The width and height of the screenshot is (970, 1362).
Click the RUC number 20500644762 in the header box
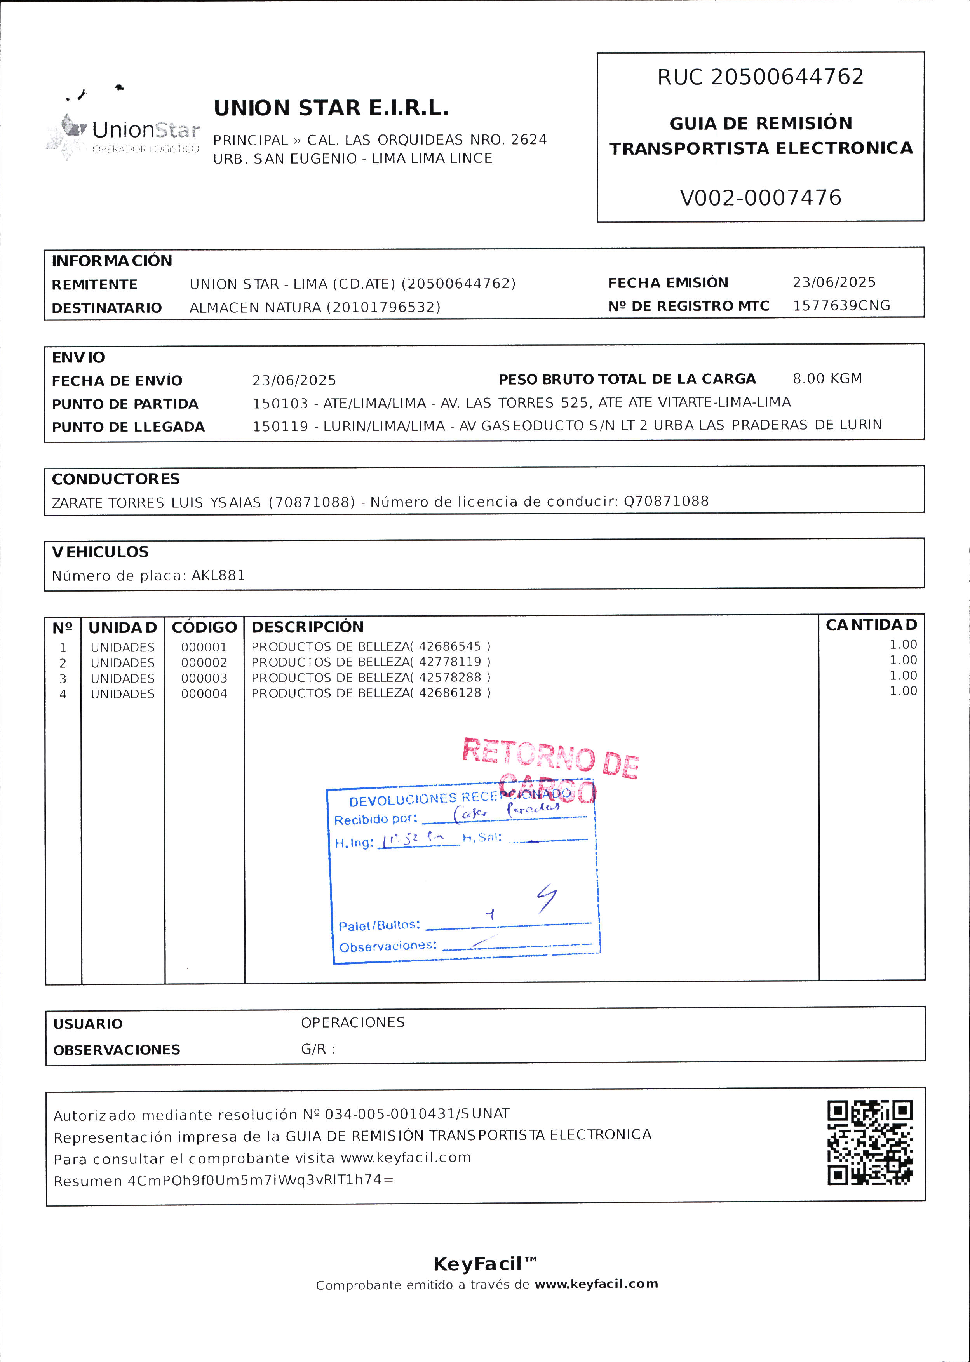coord(787,77)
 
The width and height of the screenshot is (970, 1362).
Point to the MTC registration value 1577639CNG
coord(841,306)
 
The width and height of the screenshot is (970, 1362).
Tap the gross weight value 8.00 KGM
coord(827,379)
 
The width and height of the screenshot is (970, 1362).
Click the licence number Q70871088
coord(666,501)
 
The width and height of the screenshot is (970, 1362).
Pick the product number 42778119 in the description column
coord(450,662)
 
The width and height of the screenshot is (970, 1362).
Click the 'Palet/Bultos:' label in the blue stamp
coord(379,925)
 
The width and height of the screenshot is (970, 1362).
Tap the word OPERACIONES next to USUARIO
coord(352,1023)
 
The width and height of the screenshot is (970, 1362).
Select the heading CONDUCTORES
coord(116,479)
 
